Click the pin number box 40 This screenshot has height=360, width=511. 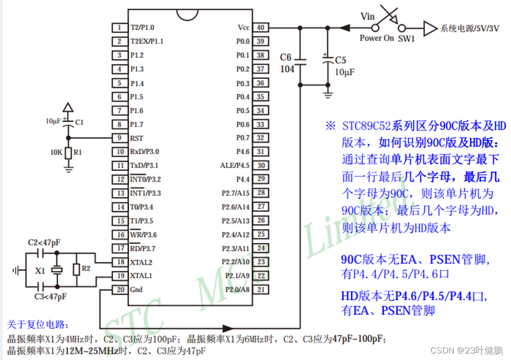tap(260, 28)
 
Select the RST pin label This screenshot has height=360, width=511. tap(137, 138)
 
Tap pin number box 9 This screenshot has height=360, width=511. tap(118, 138)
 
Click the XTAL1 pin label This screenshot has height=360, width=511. tap(141, 276)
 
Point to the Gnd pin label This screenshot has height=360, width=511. tap(137, 290)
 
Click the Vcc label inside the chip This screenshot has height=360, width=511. tap(243, 28)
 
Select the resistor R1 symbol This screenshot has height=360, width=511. tap(68, 152)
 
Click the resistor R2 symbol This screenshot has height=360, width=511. tap(77, 269)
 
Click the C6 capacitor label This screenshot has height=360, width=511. tap(286, 57)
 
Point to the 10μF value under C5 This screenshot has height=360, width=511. tap(344, 72)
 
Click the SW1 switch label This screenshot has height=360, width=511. tap(406, 39)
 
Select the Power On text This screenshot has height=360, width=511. tap(377, 38)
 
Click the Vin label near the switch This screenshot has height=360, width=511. tap(367, 17)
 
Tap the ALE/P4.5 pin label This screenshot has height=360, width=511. tap(235, 165)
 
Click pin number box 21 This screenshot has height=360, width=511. tap(260, 290)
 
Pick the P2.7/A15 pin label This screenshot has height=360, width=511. tap(236, 193)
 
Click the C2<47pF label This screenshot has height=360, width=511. tap(44, 242)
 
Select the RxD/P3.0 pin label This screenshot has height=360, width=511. tap(145, 152)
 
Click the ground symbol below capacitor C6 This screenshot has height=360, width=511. tap(327, 95)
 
